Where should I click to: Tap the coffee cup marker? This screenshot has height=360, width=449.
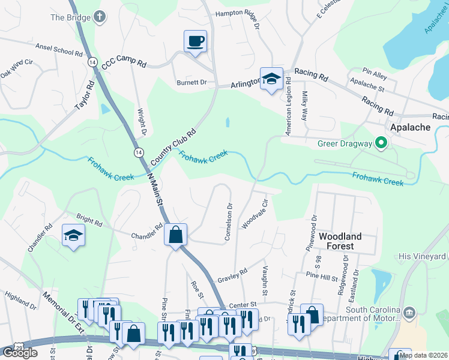[195, 41]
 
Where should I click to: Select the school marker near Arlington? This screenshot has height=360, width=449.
[271, 79]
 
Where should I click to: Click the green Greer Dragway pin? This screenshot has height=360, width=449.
[380, 143]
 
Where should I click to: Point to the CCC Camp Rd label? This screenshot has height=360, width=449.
[124, 65]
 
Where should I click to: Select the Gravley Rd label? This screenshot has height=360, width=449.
[233, 275]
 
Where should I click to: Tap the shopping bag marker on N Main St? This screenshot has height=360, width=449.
[175, 235]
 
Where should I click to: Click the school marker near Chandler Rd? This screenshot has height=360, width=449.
[73, 235]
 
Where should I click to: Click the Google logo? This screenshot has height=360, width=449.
[20, 352]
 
